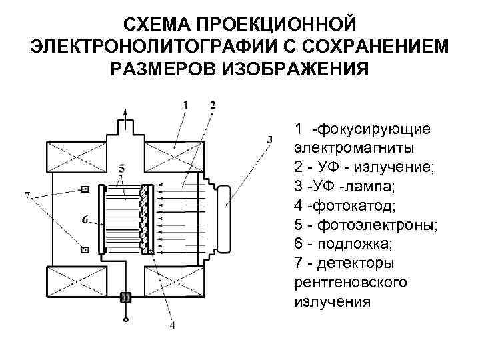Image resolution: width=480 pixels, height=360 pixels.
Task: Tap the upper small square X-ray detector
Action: click(85, 190)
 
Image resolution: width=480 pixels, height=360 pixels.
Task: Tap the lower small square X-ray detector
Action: click(85, 249)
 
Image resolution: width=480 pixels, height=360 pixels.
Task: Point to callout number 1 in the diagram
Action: click(185, 105)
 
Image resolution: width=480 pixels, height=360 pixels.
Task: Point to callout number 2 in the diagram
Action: click(212, 105)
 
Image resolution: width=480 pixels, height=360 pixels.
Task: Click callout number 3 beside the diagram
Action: click(269, 139)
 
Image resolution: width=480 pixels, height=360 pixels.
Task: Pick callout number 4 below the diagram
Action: click(173, 326)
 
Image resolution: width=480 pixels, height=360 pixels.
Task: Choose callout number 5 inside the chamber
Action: click(120, 167)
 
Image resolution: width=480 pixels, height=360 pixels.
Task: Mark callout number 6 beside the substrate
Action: click(85, 219)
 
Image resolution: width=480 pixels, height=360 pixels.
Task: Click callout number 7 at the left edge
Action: click(27, 196)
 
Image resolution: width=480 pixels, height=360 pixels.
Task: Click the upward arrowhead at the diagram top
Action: click(123, 110)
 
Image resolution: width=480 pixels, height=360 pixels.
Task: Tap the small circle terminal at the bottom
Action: click(124, 321)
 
